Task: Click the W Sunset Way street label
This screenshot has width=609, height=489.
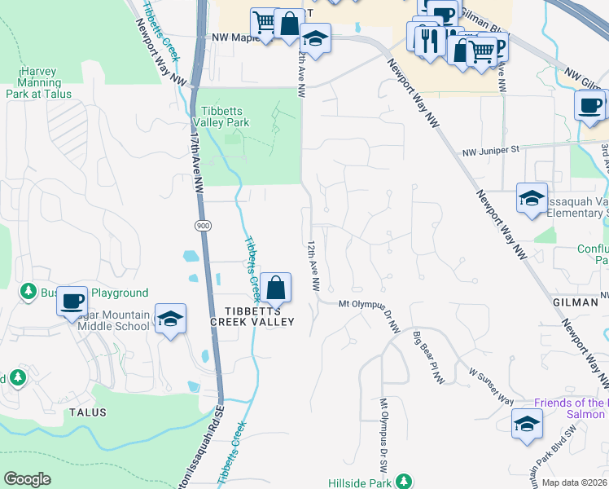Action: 491,385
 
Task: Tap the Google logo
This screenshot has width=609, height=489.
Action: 27,479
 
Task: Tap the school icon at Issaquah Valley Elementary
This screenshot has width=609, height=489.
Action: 532,198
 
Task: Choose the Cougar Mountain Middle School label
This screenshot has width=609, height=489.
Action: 114,320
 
